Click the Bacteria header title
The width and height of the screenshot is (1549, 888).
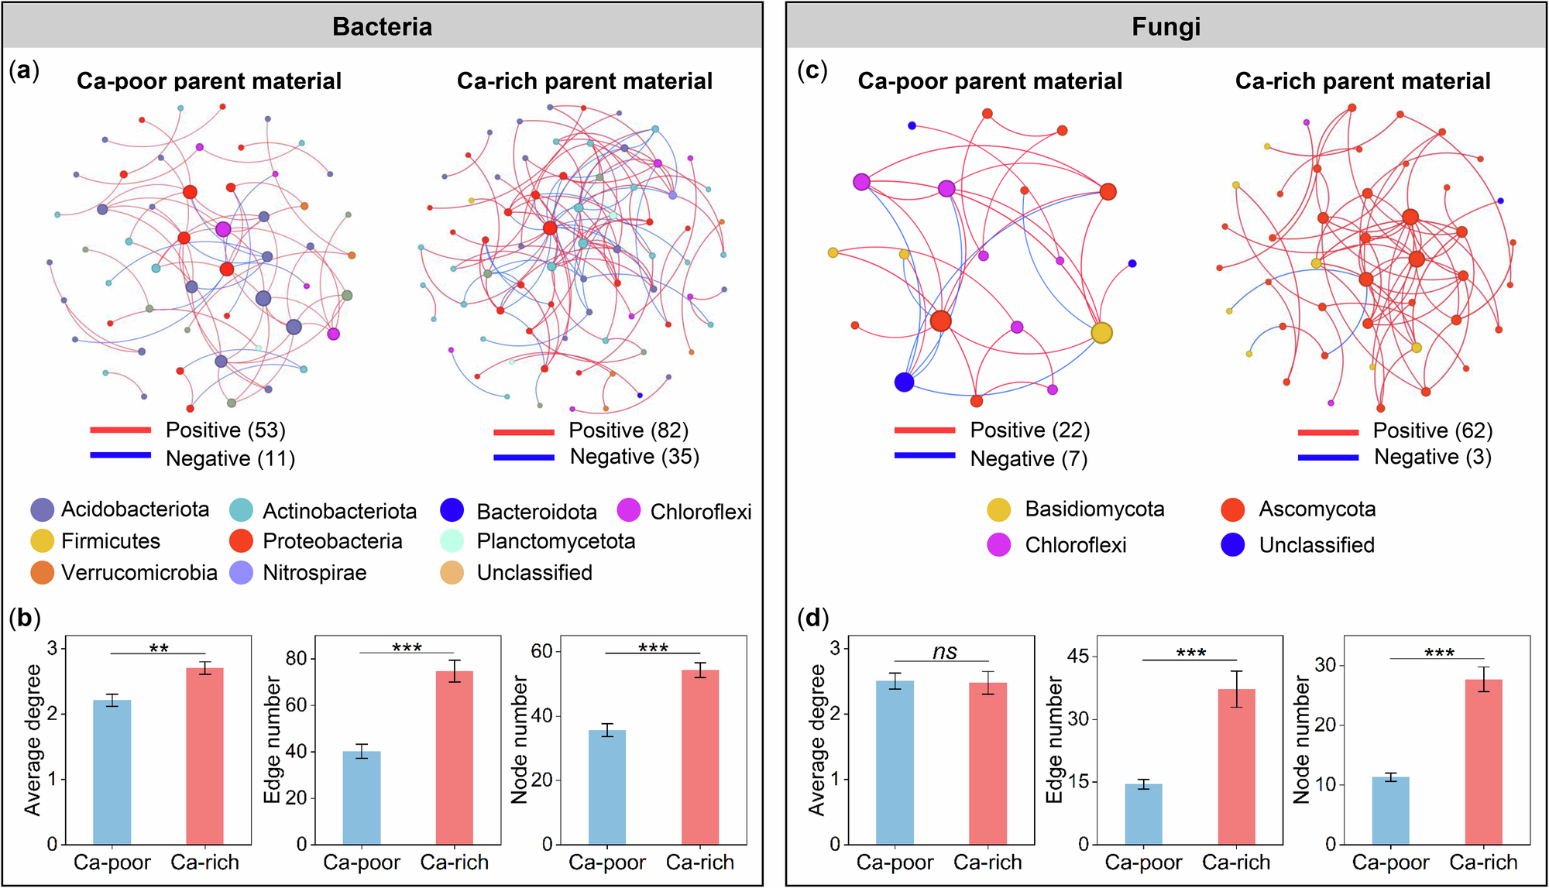tap(382, 26)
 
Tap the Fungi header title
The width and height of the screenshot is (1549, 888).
tap(1166, 26)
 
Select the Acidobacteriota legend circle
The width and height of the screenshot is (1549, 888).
tap(43, 509)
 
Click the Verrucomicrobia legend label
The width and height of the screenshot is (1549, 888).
tap(139, 573)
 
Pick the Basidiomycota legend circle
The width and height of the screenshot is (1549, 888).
tap(999, 509)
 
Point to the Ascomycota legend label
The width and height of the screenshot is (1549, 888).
tap(1317, 509)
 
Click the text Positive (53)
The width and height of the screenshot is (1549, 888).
tap(225, 430)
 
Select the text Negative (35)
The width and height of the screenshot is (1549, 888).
tap(634, 457)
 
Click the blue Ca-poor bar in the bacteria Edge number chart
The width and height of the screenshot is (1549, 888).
tap(362, 797)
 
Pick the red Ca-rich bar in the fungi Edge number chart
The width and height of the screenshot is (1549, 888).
tap(1236, 766)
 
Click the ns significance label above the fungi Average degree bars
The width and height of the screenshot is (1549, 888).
tap(945, 652)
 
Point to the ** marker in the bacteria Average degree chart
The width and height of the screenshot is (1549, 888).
tap(159, 649)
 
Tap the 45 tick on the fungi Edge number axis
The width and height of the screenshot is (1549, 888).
tap(1078, 657)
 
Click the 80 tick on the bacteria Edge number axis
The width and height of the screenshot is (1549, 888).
tap(297, 659)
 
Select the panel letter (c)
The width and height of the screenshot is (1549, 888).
tap(812, 71)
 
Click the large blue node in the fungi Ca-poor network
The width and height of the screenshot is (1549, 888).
tap(904, 382)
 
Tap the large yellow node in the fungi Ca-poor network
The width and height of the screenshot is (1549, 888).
tap(1101, 333)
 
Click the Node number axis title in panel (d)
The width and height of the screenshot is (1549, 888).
tap(1301, 739)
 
